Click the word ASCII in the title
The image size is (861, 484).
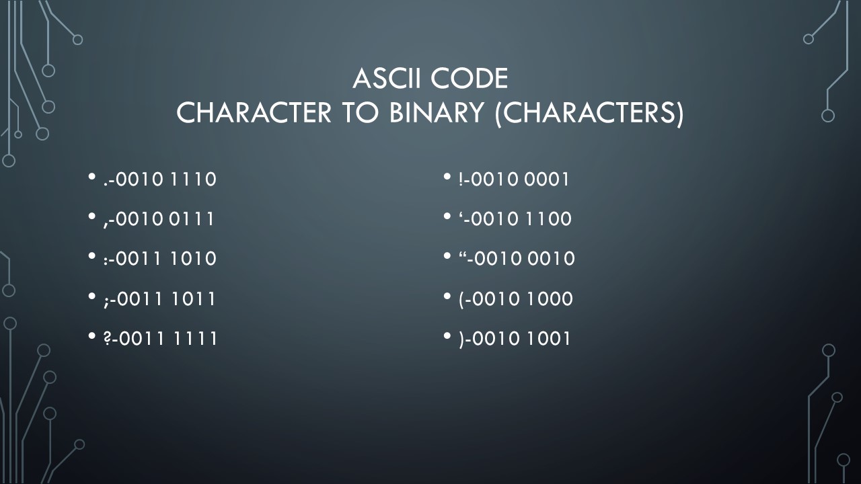click(x=388, y=79)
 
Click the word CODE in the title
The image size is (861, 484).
click(x=470, y=79)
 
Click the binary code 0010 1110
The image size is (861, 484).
click(x=166, y=179)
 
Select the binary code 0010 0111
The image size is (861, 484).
click(x=165, y=219)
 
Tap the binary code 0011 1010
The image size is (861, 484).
click(x=166, y=259)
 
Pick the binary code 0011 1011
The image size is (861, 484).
click(x=165, y=299)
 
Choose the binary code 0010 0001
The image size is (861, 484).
click(x=520, y=179)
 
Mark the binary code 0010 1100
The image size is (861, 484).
click(x=521, y=219)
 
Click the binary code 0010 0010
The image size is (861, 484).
click(x=525, y=259)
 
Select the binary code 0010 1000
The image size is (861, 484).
click(x=523, y=299)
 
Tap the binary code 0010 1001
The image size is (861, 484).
click(x=521, y=338)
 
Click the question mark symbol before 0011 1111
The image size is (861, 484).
click(x=107, y=338)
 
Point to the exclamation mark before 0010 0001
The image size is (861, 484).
click(x=461, y=179)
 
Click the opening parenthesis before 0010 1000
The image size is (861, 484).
click(x=461, y=300)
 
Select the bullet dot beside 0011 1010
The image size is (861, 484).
click(x=91, y=255)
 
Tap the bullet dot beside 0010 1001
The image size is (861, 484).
click(x=447, y=335)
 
